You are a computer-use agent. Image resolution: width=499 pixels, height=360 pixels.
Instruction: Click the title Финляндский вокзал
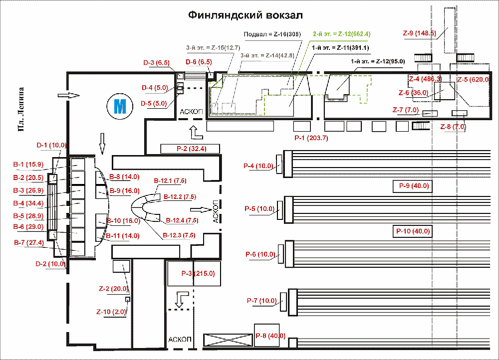(x=245, y=15)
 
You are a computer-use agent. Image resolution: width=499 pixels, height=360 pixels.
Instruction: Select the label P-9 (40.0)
(x=414, y=186)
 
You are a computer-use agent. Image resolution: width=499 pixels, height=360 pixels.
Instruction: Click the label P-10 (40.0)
(x=413, y=231)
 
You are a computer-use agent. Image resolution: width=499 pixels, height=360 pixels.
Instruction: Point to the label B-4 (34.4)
(x=28, y=203)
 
